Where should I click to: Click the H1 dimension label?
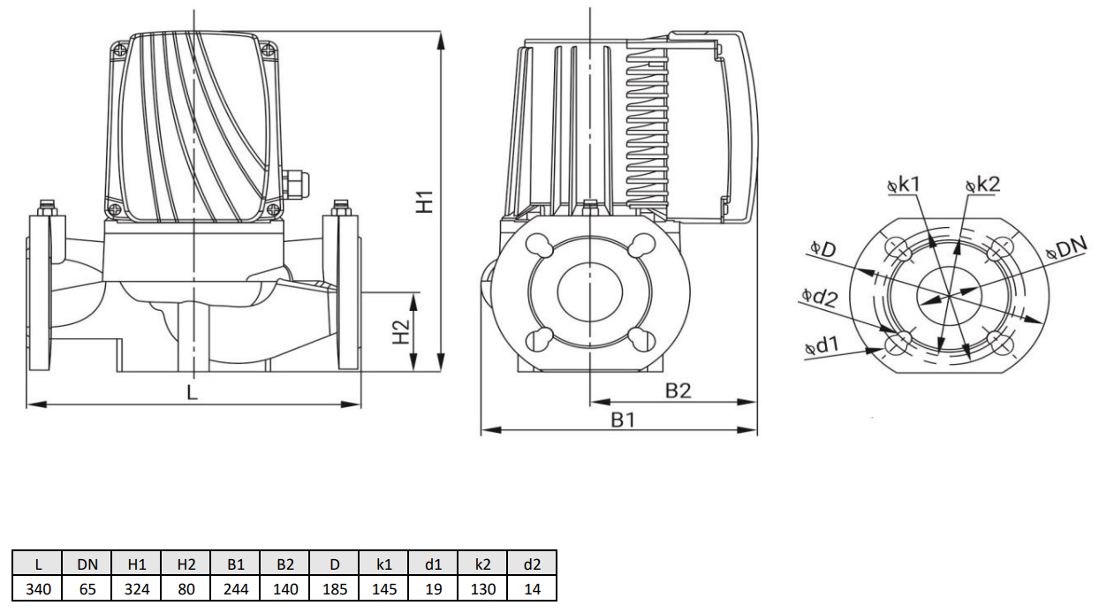[x=426, y=201]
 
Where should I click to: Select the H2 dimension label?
[x=402, y=332]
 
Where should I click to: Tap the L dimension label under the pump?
[x=193, y=391]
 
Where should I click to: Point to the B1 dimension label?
[x=624, y=420]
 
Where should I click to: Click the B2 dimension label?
[x=678, y=390]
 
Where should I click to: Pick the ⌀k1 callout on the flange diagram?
[x=903, y=184]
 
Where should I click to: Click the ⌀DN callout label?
[x=1065, y=248]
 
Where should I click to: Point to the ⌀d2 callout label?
[x=819, y=296]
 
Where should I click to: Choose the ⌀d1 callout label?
[x=822, y=346]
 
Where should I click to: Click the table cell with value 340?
[x=37, y=588]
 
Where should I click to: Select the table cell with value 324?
[x=136, y=588]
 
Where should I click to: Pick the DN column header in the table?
[x=87, y=564]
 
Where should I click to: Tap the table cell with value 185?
[x=335, y=588]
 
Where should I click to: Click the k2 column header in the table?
[x=483, y=564]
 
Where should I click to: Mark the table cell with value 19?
[x=434, y=588]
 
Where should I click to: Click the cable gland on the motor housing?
[x=295, y=184]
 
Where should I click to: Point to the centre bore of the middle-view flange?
[x=589, y=291]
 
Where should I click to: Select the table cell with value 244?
[x=235, y=588]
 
